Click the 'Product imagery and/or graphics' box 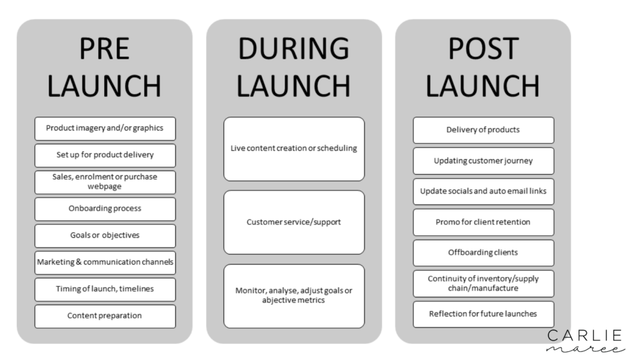[x=105, y=129]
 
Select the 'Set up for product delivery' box [x=105, y=155]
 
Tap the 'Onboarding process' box [x=105, y=209]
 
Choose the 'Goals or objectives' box [x=105, y=236]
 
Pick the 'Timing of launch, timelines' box [x=105, y=289]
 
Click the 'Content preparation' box [x=105, y=316]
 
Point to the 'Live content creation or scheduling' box [x=295, y=149]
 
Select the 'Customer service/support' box [x=295, y=222]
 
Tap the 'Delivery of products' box [x=484, y=130]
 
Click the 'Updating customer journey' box [x=484, y=161]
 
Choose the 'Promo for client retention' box [x=484, y=222]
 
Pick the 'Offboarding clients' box [x=484, y=253]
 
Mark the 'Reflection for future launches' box [x=484, y=314]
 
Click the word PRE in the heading [x=104, y=49]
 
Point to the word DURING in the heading [x=294, y=49]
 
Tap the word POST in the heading [x=484, y=49]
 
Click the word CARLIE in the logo [x=584, y=336]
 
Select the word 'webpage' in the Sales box [x=105, y=187]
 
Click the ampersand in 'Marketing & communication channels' [x=79, y=262]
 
